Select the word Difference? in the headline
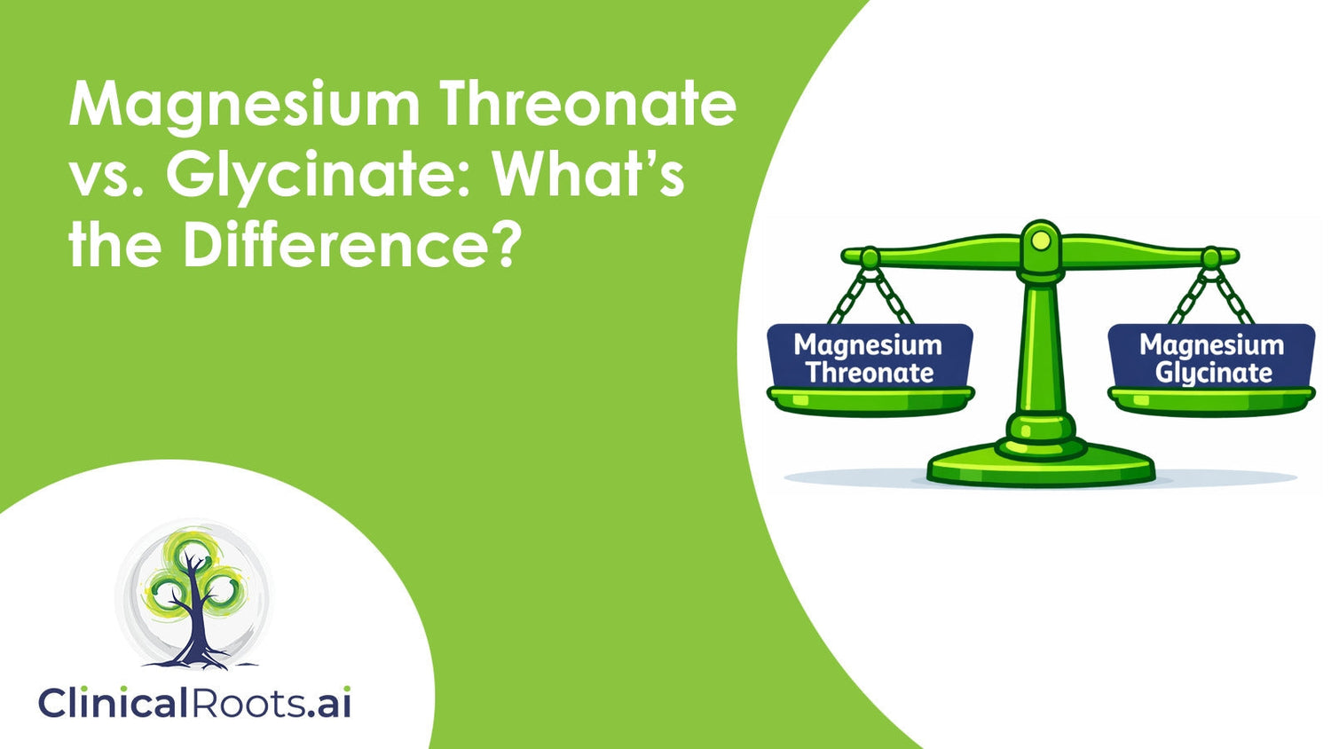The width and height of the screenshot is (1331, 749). (x=350, y=245)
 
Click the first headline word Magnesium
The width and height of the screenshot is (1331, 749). (x=244, y=105)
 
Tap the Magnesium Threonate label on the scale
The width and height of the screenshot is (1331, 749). (x=869, y=358)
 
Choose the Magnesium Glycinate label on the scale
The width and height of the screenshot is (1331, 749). (x=1211, y=358)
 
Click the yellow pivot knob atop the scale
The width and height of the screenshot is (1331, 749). (x=1041, y=240)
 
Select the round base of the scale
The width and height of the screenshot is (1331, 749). (x=1041, y=466)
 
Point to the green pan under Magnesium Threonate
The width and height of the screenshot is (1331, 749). (x=870, y=400)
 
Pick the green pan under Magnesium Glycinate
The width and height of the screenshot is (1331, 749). (x=1211, y=400)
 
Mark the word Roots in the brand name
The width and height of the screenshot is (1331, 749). (x=246, y=703)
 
